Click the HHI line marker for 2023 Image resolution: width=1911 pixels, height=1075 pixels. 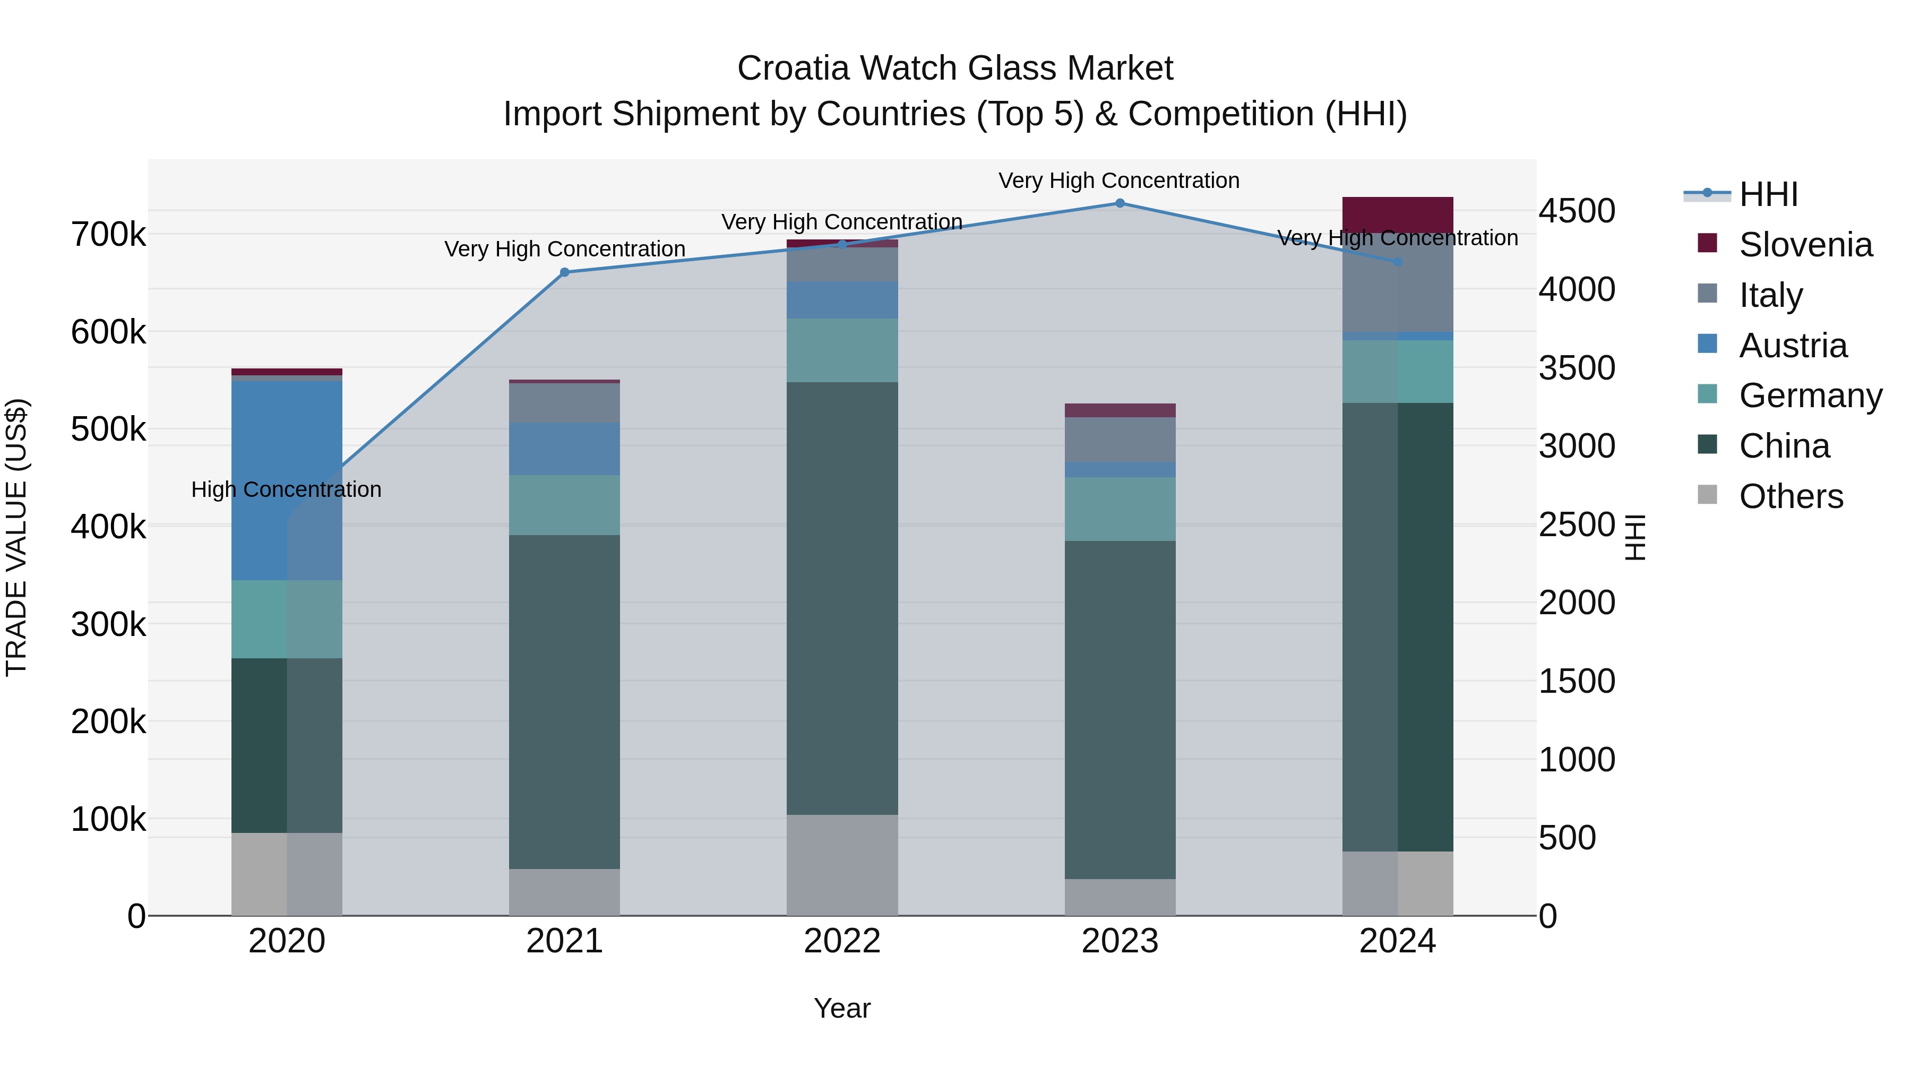coord(1120,203)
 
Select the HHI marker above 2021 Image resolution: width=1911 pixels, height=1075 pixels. coord(565,272)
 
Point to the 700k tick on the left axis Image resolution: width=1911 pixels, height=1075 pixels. coord(108,235)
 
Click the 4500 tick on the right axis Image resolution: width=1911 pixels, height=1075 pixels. coord(1577,211)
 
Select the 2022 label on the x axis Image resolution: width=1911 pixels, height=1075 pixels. coord(842,941)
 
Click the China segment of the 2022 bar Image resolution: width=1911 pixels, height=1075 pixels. coord(842,598)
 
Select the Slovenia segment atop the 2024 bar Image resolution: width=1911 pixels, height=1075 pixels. coord(1398,214)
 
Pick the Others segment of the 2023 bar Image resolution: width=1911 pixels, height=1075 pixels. coord(1120,897)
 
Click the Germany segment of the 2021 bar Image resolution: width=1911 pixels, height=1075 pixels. coord(565,505)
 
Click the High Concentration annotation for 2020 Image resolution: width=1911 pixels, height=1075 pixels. coord(286,489)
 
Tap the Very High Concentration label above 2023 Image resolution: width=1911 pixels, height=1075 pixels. coord(1118,180)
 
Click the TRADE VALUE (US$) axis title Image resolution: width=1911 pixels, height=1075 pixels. coord(17,537)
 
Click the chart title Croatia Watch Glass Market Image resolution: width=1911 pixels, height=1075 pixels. coord(955,68)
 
